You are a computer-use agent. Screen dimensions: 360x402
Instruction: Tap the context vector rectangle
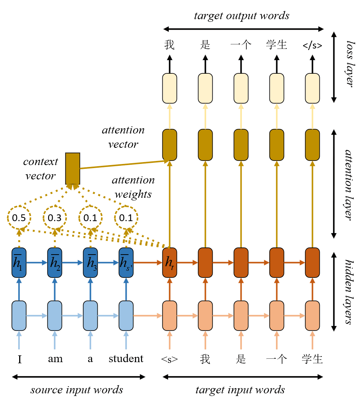coord(73,168)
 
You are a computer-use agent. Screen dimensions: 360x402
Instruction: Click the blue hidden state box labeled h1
coord(19,262)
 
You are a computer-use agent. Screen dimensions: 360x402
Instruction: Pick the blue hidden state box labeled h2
coord(54,262)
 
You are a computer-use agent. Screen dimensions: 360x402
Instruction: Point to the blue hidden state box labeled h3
coord(90,262)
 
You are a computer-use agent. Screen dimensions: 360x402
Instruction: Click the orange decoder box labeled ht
coord(169,262)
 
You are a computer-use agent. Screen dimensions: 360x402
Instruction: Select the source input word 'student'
coord(126,358)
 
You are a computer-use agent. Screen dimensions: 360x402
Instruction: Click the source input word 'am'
coord(55,359)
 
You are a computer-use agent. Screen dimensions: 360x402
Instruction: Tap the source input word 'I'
coord(20,359)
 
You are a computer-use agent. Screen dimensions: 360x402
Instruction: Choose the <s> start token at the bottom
coord(169,359)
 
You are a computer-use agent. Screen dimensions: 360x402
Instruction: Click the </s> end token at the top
coord(312,46)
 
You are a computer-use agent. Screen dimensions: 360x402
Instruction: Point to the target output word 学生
coord(277,45)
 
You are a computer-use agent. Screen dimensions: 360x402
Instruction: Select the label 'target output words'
coord(242,16)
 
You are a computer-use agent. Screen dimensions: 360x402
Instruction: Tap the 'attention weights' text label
coord(133,187)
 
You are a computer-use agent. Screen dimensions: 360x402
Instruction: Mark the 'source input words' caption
coord(77,390)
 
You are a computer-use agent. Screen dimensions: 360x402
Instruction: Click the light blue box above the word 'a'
coord(90,316)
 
